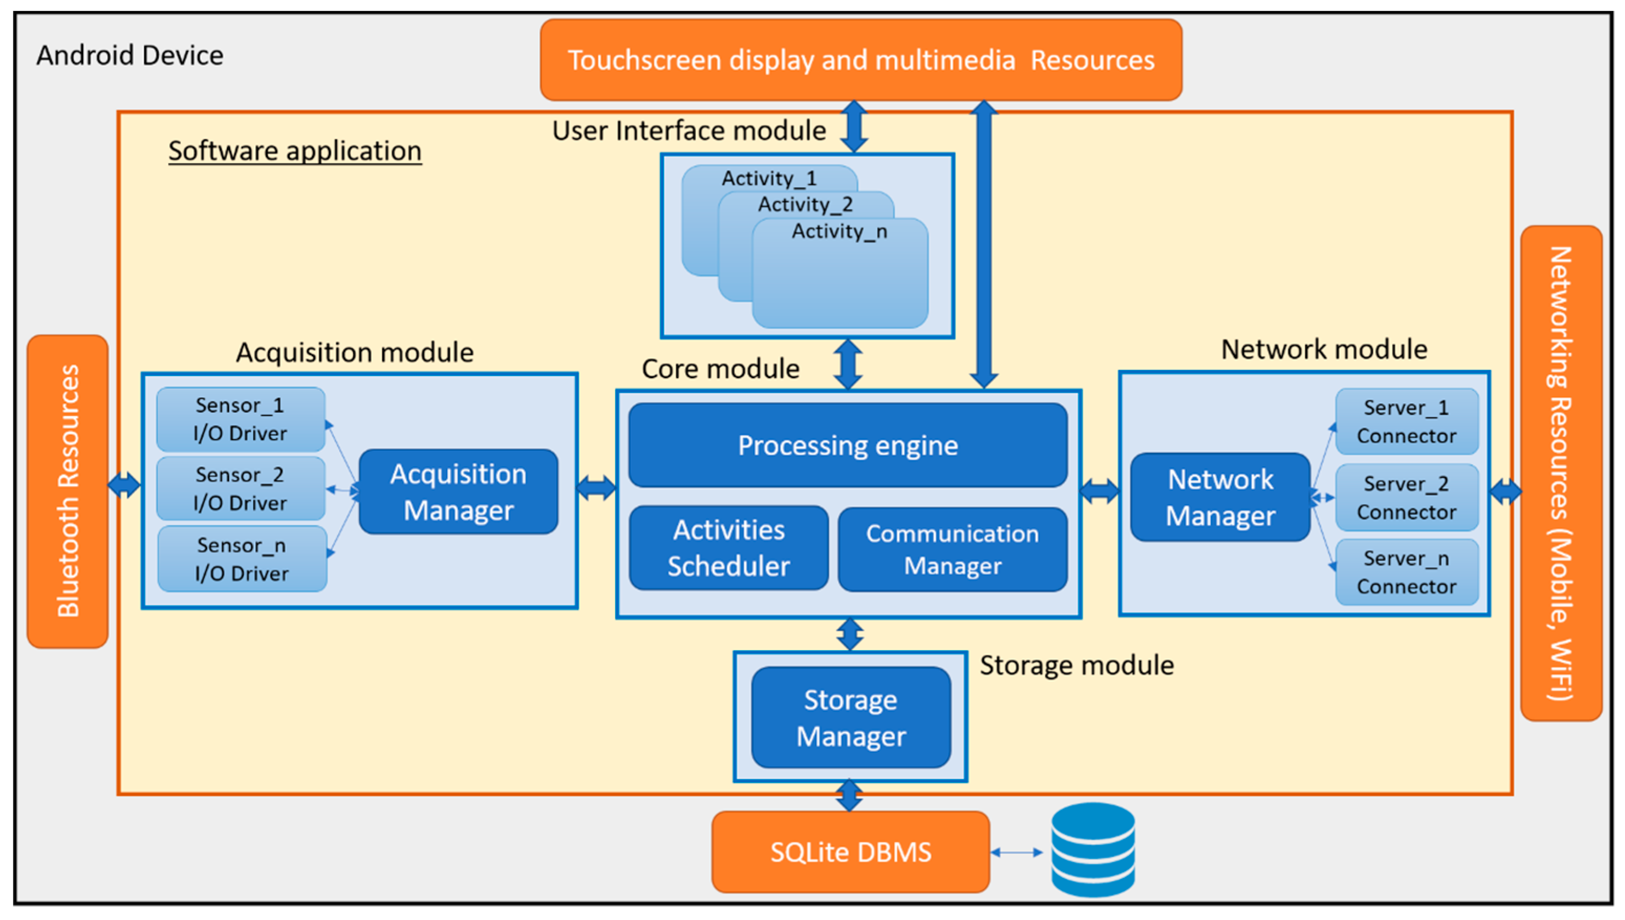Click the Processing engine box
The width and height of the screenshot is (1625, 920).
847,445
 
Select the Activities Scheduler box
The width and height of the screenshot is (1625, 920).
728,548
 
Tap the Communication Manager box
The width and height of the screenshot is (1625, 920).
952,549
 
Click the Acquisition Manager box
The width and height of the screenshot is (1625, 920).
458,491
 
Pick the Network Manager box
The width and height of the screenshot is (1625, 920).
1219,497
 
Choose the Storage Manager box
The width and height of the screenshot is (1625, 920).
850,718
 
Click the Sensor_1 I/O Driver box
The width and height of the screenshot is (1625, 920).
240,419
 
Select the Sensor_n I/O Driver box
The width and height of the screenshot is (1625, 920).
242,559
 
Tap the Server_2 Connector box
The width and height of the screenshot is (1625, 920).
1406,497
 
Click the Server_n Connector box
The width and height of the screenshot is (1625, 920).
1406,572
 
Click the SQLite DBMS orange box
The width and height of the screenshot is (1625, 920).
850,852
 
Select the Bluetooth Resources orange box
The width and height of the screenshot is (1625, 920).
68,491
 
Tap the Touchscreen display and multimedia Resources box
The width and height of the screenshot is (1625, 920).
860,60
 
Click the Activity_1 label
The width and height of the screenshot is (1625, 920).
768,178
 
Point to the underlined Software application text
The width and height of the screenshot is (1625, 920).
295,151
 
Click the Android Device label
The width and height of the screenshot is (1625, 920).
129,56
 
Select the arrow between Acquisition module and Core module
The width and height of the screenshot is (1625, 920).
596,487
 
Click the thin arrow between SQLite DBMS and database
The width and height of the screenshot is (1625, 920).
1016,852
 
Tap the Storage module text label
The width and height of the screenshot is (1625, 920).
1076,665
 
